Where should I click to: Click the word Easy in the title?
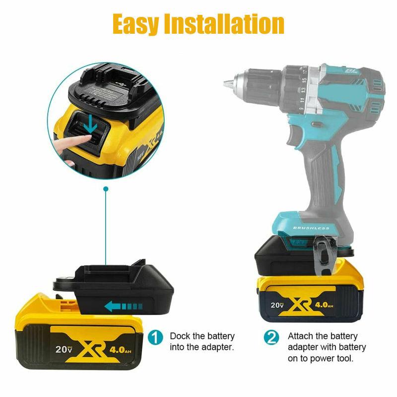coord(134,23)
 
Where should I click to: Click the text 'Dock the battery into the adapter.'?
coord(202,341)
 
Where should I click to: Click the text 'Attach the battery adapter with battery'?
coord(327,341)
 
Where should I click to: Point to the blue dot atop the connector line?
coord(105,189)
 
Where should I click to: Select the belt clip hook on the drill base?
coord(323,256)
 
